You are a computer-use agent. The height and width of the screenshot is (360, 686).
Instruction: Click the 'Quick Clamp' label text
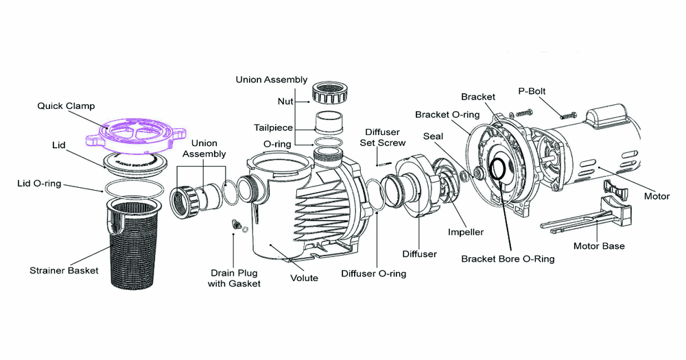66,106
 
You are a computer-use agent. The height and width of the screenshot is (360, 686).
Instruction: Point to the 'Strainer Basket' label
64,270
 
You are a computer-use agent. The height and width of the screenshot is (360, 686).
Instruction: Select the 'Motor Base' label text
600,245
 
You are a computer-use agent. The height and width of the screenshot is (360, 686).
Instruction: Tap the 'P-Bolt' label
533,91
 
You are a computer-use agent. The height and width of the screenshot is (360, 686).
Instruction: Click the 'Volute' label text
304,278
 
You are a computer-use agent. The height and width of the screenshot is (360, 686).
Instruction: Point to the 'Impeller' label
466,232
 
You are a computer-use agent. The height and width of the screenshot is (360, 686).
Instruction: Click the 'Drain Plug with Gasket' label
234,278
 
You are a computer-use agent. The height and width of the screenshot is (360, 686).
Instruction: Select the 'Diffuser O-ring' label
373,274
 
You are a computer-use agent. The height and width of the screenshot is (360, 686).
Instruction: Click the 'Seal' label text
433,136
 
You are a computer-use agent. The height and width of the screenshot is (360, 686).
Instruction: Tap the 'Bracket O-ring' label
443,114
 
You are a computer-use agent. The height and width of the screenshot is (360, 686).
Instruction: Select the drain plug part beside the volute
233,225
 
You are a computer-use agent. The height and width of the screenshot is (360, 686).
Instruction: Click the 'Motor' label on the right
657,197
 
